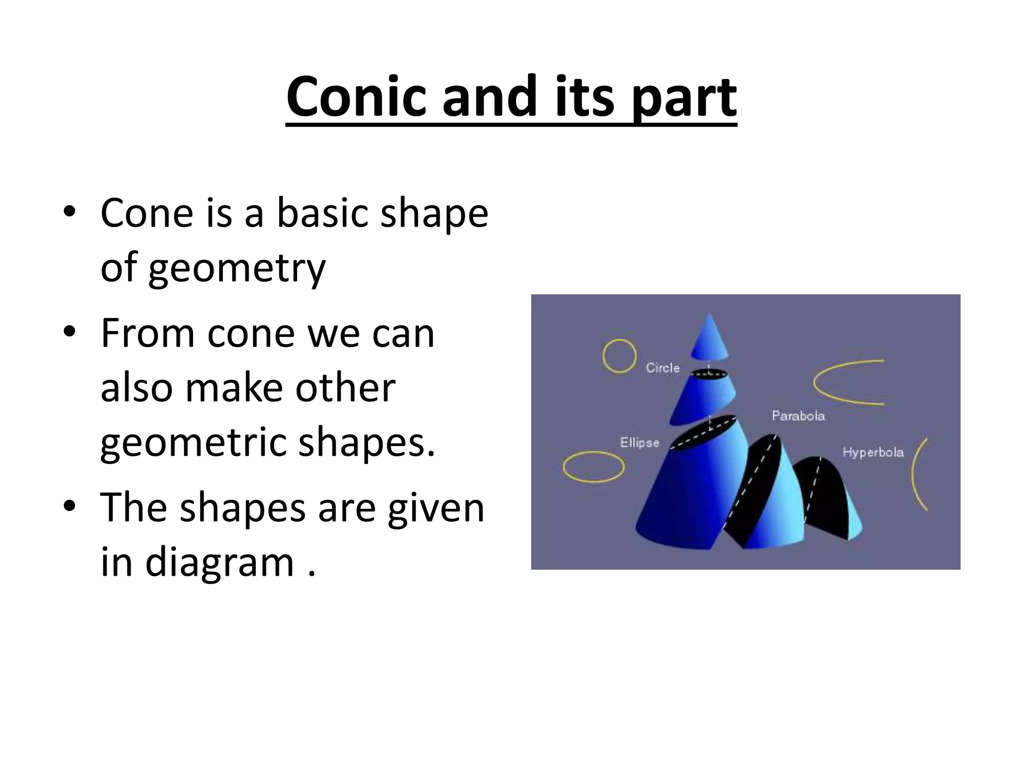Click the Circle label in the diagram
pos(662,368)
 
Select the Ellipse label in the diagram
pos(639,443)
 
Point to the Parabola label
pos(798,416)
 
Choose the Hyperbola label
pos(873,452)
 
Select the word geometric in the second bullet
pos(192,443)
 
